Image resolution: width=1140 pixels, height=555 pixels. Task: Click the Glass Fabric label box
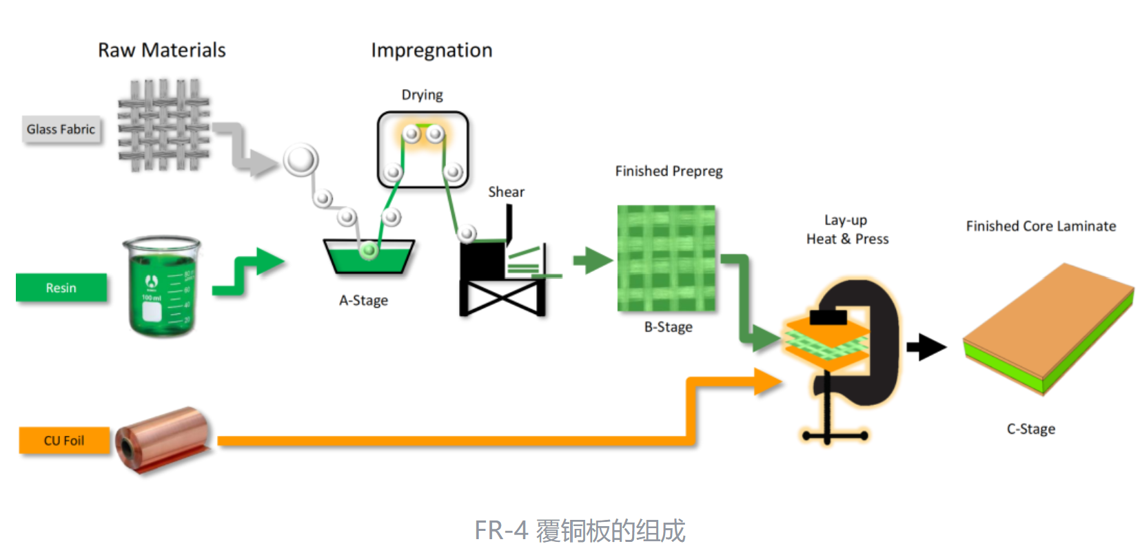point(61,129)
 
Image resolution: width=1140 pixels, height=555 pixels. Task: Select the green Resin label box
point(61,288)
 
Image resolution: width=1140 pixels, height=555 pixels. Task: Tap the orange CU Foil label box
point(64,441)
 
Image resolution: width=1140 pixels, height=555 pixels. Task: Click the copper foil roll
point(163,439)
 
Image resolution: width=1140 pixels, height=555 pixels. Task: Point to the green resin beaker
point(162,287)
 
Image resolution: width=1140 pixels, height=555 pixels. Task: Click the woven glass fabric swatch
point(163,125)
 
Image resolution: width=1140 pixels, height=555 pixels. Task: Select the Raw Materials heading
point(162,50)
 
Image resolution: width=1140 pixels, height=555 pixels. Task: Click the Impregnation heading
point(431,50)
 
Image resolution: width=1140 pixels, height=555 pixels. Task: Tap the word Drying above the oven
point(422,95)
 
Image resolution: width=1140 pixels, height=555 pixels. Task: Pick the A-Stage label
point(363,300)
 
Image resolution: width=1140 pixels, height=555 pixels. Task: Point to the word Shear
point(506,192)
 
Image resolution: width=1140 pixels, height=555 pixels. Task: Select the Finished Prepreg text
point(669,171)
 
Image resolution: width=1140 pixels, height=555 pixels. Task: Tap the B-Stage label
point(668,327)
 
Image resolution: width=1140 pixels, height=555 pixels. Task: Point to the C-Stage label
point(1030,429)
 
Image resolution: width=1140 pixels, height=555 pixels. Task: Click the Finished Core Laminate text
point(1041,226)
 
